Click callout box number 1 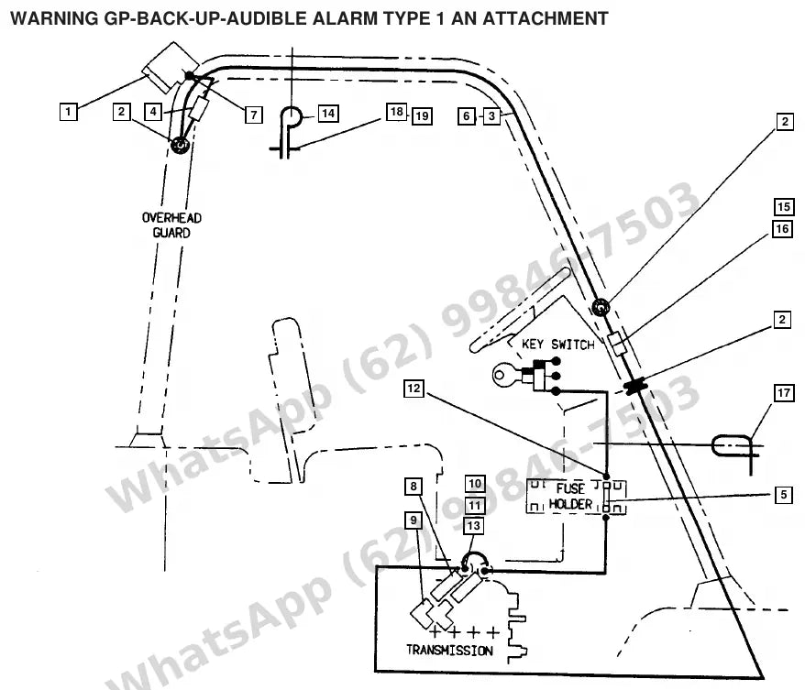(x=69, y=111)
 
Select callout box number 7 (x=254, y=115)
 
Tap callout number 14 (x=328, y=114)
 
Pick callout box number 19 (x=422, y=116)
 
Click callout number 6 (x=466, y=116)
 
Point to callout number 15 (x=783, y=207)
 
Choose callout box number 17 (x=783, y=393)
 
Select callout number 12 (x=414, y=389)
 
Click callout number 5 (x=783, y=495)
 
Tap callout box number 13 (x=473, y=525)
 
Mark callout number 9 (x=414, y=520)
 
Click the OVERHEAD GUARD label (x=171, y=225)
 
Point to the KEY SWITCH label (x=558, y=344)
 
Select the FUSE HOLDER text (x=570, y=496)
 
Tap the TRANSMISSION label (x=450, y=650)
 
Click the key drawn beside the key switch (x=508, y=375)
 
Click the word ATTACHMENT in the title (x=546, y=18)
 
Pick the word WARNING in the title (x=54, y=18)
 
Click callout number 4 (x=153, y=111)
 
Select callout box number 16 (x=782, y=229)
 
